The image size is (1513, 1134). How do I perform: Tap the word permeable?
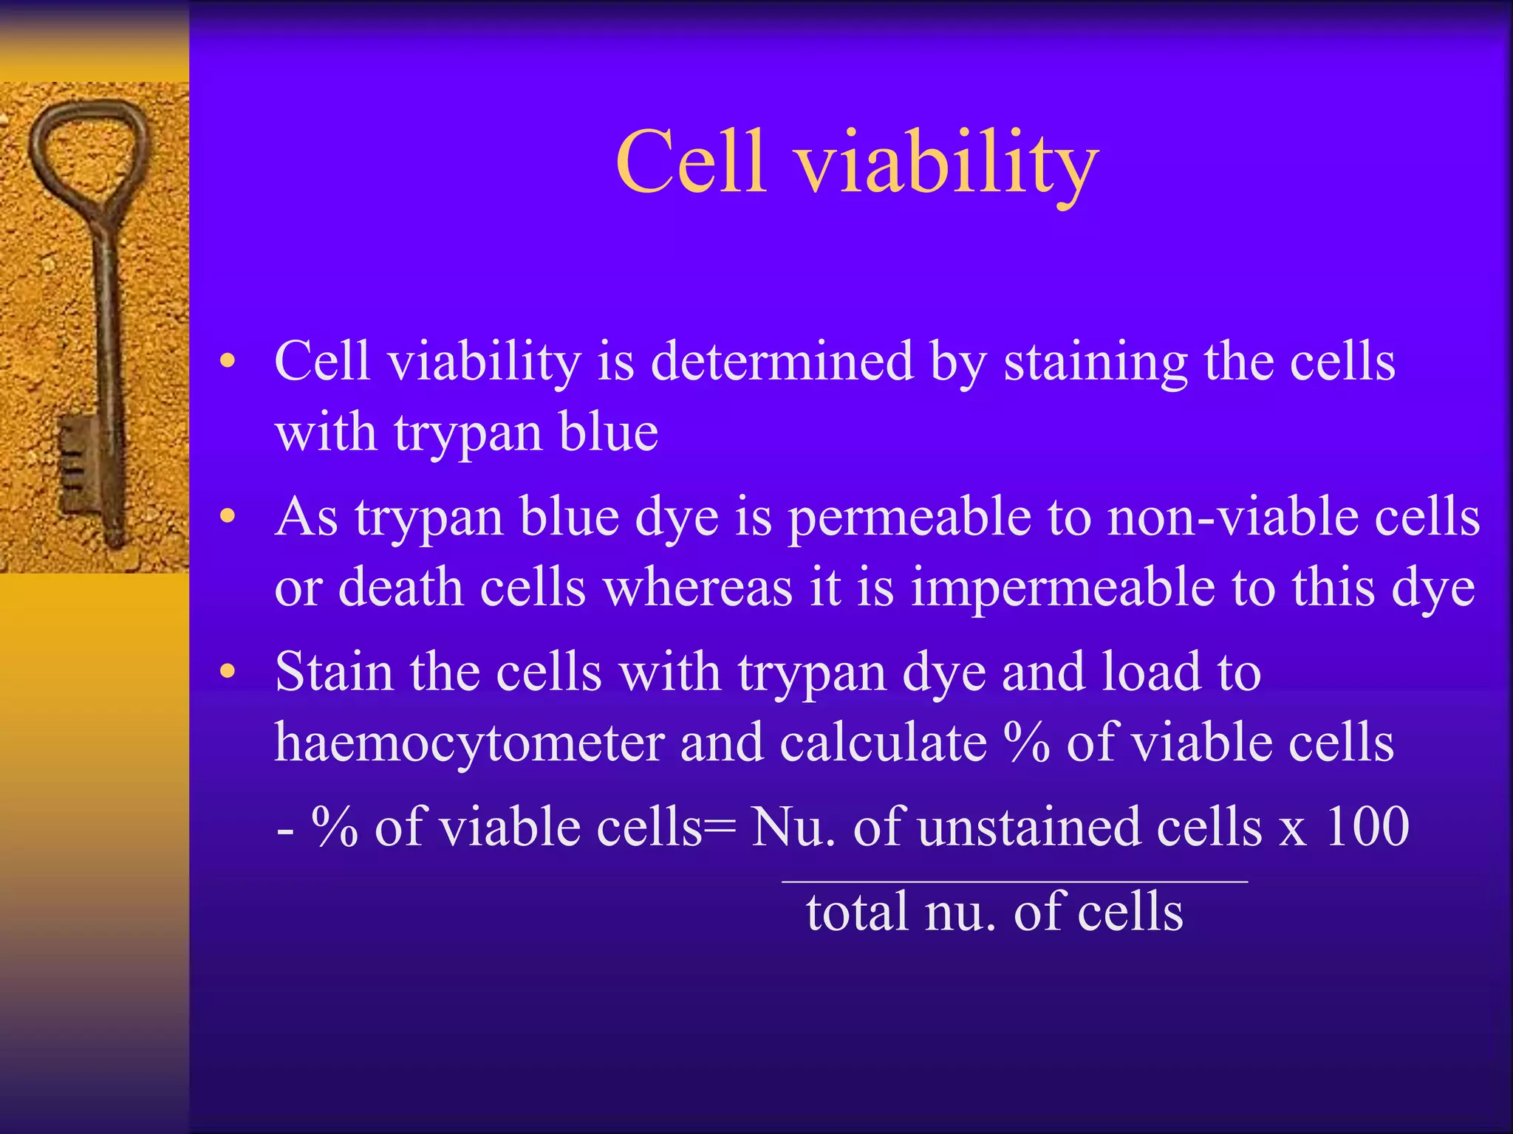click(909, 519)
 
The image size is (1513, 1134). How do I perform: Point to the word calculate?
click(883, 743)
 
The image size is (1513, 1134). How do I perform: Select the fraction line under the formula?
click(1014, 881)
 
